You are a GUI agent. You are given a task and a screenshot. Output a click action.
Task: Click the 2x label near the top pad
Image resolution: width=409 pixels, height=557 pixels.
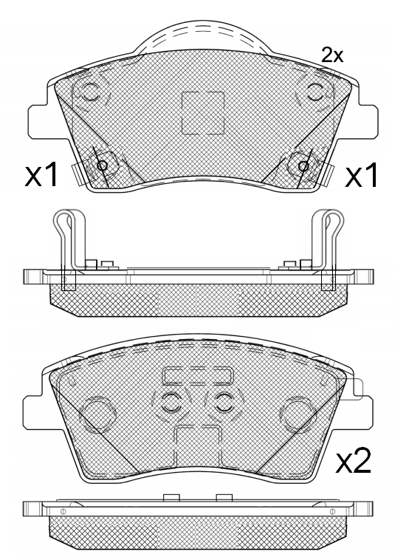click(332, 55)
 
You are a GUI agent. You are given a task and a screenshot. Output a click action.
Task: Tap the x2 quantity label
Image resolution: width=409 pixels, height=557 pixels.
click(353, 460)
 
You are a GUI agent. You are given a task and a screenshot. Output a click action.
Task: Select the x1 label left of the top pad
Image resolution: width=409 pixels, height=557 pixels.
click(41, 174)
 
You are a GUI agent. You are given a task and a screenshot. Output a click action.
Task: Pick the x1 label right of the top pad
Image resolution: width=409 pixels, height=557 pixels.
click(362, 174)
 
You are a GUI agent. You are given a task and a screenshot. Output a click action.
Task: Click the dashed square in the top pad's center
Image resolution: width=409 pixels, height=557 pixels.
click(203, 113)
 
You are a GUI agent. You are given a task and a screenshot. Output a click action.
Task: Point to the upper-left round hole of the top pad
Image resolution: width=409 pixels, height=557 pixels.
click(90, 92)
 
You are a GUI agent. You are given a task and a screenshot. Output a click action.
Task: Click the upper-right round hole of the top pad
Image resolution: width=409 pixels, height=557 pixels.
click(315, 92)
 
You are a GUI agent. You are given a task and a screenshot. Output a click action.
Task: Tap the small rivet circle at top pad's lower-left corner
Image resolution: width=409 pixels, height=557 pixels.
click(103, 165)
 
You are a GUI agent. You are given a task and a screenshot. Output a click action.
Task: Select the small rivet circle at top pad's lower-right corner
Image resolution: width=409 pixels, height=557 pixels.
click(303, 165)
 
